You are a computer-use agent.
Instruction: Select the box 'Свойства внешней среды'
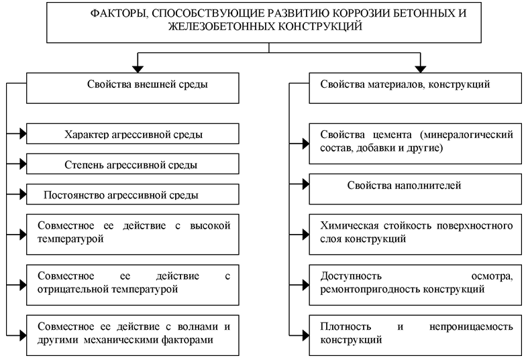pyautogui.click(x=133, y=88)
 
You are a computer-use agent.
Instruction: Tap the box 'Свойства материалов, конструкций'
pyautogui.click(x=415, y=88)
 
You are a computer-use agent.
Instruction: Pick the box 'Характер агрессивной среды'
pyautogui.click(x=133, y=134)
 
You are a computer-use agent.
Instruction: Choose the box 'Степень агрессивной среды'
pyautogui.click(x=133, y=164)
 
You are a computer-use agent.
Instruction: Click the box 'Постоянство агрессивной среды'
pyautogui.click(x=133, y=194)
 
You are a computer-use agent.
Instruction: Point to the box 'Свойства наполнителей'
pyautogui.click(x=415, y=189)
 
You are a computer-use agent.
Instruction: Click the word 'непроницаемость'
pyautogui.click(x=471, y=326)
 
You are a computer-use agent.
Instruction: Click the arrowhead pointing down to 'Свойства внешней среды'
pyautogui.click(x=138, y=68)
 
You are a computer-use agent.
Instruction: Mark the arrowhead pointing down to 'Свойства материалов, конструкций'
pyautogui.click(x=420, y=68)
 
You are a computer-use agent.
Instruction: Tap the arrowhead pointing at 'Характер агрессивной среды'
pyautogui.click(x=23, y=134)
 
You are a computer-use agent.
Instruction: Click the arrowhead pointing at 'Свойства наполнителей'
pyautogui.click(x=306, y=184)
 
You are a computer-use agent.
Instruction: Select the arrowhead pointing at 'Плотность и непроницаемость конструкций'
pyautogui.click(x=306, y=335)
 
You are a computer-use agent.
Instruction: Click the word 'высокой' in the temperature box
pyautogui.click(x=210, y=225)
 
